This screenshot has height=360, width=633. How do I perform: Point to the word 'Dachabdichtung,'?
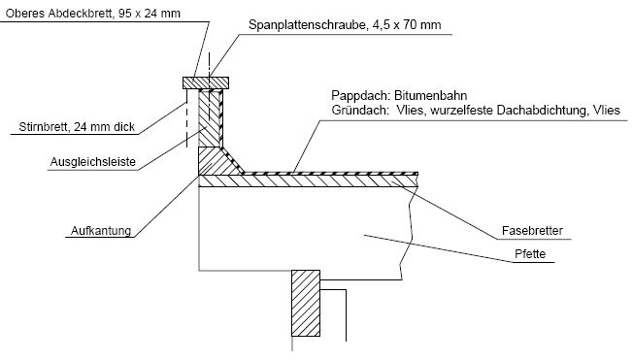543,112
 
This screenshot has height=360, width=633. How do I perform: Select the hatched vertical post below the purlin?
305,303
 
